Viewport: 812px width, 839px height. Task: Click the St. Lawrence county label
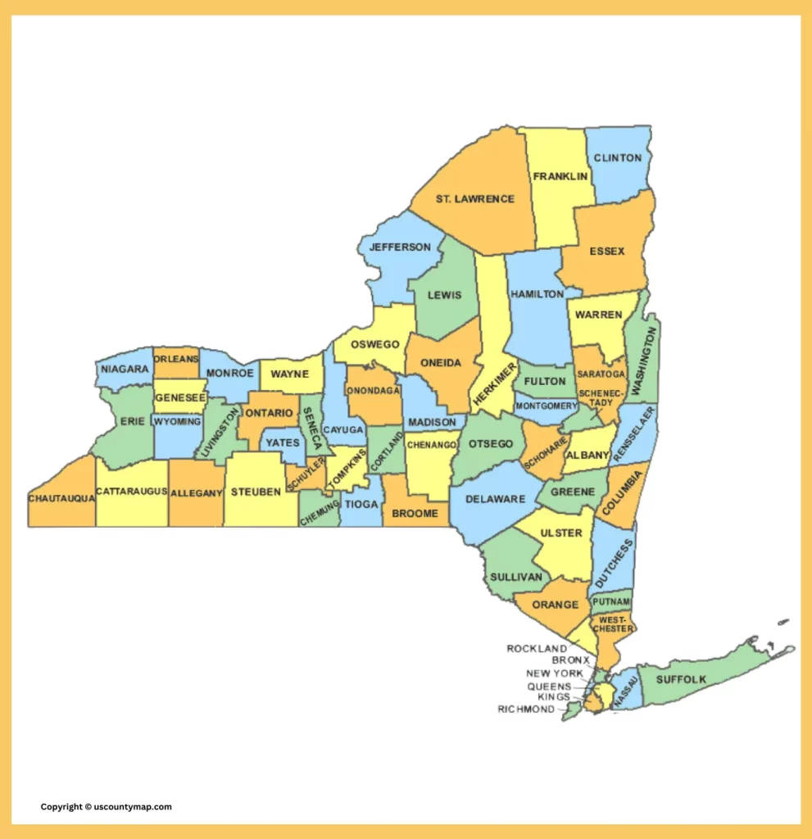[x=474, y=199]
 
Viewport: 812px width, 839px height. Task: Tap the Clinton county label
[x=618, y=157]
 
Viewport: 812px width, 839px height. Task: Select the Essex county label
[x=606, y=252]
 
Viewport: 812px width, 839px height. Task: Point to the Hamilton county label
[x=537, y=294]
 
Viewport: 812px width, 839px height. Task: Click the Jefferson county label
[x=400, y=247]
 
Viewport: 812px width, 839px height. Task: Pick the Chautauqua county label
[x=61, y=498]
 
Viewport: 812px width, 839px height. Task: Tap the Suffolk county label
[x=681, y=679]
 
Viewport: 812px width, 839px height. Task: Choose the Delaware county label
[x=495, y=499]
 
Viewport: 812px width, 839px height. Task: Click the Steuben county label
[x=256, y=492]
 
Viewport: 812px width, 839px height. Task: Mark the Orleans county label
[x=176, y=360]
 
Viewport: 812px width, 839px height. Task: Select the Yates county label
[x=283, y=442]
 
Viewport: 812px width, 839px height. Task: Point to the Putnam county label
[x=611, y=601]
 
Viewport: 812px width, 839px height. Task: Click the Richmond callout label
[x=526, y=710]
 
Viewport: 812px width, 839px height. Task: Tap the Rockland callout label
[x=537, y=649]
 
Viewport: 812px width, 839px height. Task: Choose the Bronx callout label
[x=570, y=660]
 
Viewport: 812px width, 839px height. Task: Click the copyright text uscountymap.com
[x=107, y=807]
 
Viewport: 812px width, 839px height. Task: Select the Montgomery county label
[x=547, y=406]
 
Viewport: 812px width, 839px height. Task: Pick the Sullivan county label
[x=516, y=577]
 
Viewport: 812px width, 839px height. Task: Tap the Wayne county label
[x=289, y=374]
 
